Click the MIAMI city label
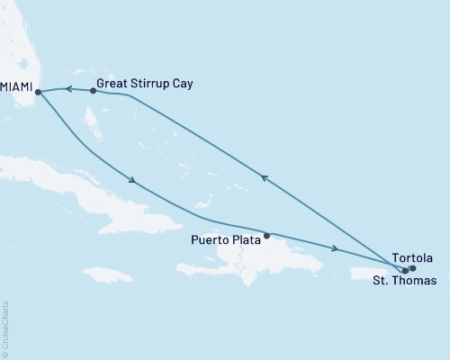16,87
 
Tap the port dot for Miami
38,91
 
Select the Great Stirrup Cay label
145,84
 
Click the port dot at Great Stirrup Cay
94,90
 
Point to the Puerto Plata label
226,239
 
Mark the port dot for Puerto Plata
266,236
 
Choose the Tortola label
412,258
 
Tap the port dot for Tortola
412,267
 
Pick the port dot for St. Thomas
405,270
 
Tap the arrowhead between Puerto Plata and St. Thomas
335,248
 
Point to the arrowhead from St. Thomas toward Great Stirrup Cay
264,178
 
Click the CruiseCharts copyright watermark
6,328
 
